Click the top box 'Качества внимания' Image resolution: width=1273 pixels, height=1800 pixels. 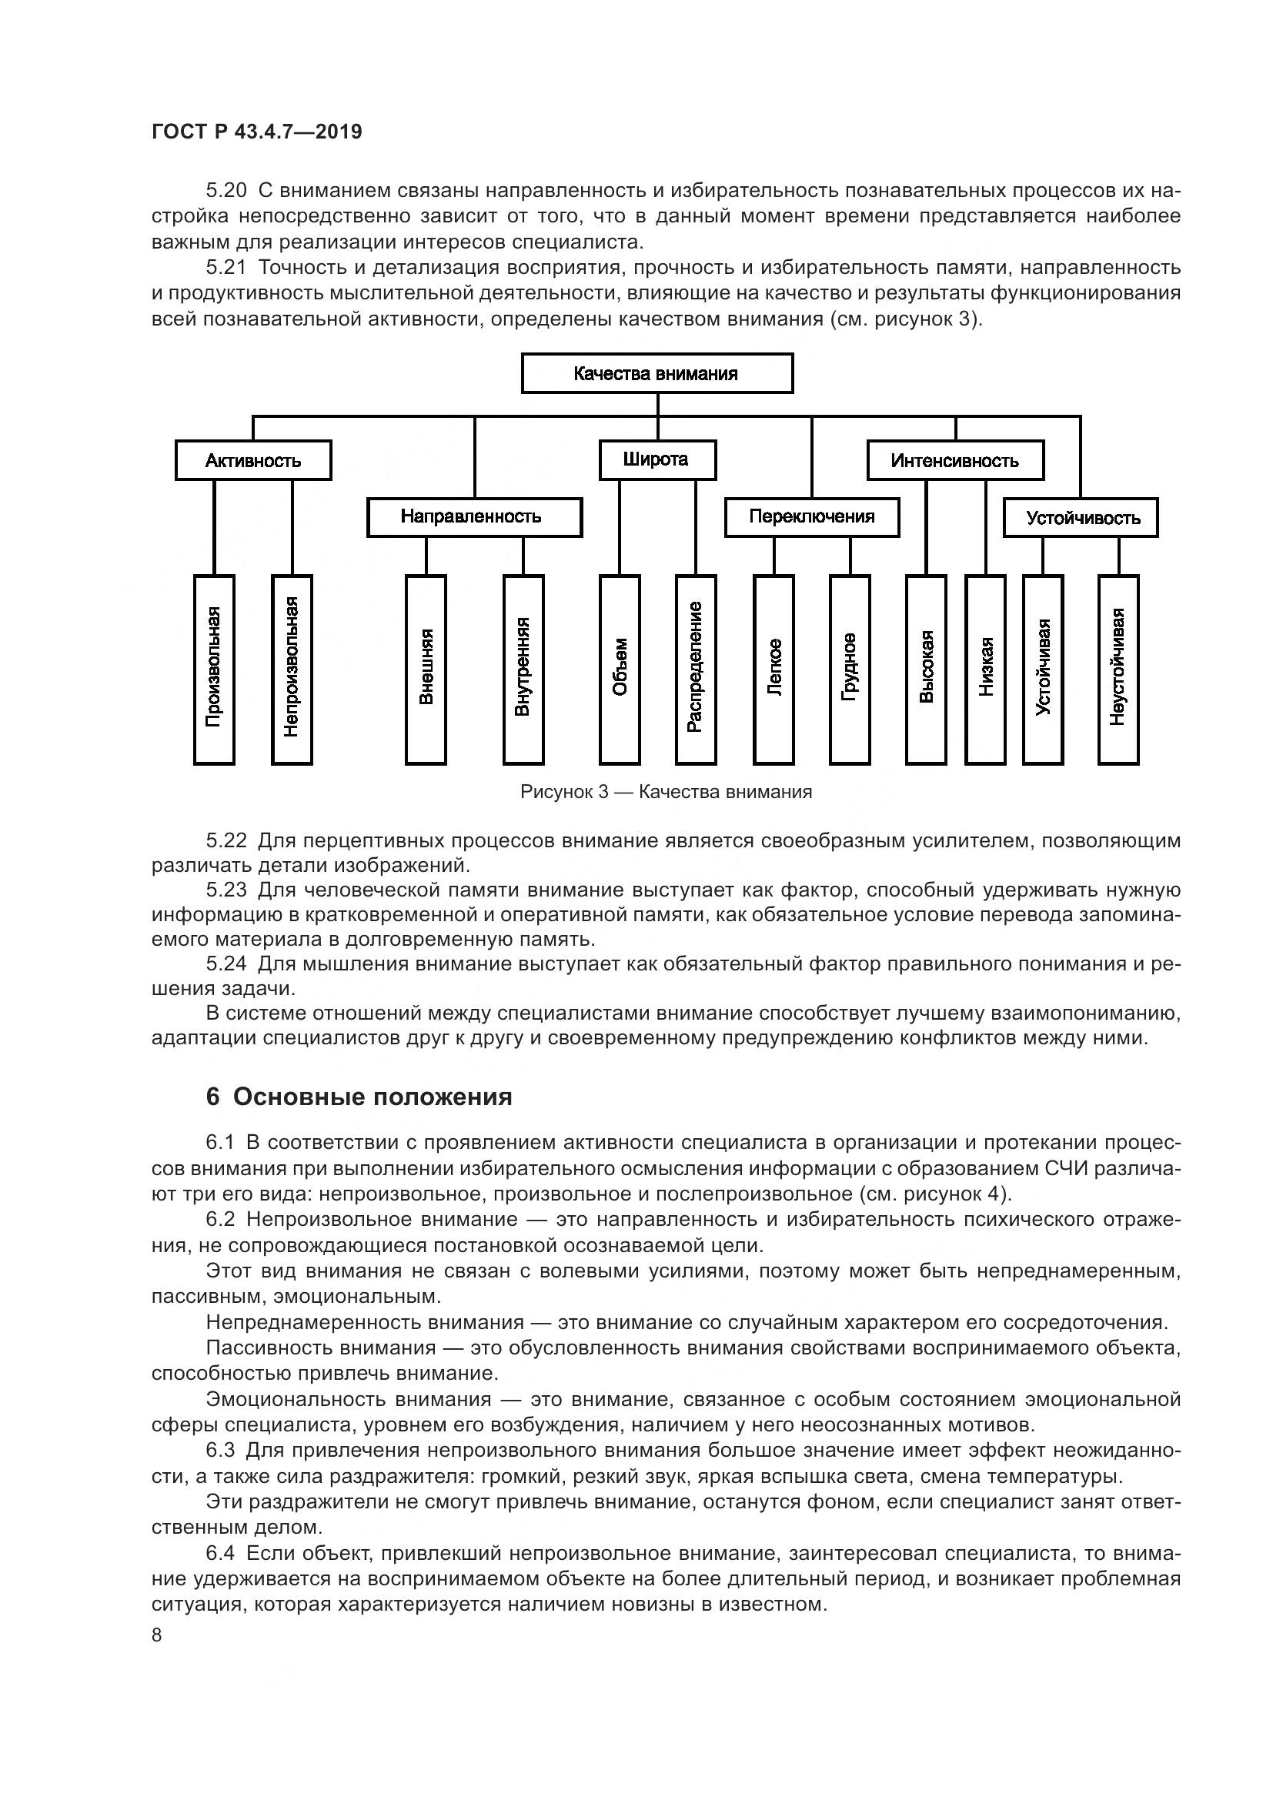[657, 373]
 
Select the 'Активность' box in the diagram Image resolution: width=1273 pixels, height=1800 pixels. [253, 460]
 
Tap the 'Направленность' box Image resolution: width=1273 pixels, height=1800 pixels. [473, 516]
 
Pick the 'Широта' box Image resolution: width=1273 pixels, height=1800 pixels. [657, 459]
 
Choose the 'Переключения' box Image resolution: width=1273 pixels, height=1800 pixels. [811, 516]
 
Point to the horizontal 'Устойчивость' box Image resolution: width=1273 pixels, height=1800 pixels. [1080, 517]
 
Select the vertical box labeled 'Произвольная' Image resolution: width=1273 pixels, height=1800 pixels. [214, 669]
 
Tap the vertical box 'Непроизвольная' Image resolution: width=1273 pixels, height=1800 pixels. [292, 669]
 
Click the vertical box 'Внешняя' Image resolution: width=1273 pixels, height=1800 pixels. [426, 669]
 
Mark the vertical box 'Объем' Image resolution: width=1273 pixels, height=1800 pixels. [620, 669]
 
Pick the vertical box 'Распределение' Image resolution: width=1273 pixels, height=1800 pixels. [695, 669]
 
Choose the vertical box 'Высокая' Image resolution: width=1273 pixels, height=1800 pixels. [926, 669]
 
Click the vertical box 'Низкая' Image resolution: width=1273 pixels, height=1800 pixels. [985, 669]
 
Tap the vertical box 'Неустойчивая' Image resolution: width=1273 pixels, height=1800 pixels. [1118, 669]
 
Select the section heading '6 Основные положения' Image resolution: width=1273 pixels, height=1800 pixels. [359, 1097]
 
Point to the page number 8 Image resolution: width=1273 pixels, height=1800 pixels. [157, 1635]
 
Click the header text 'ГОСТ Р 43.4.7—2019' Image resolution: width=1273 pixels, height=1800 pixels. [256, 132]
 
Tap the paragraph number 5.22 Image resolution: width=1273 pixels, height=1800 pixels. [226, 841]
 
